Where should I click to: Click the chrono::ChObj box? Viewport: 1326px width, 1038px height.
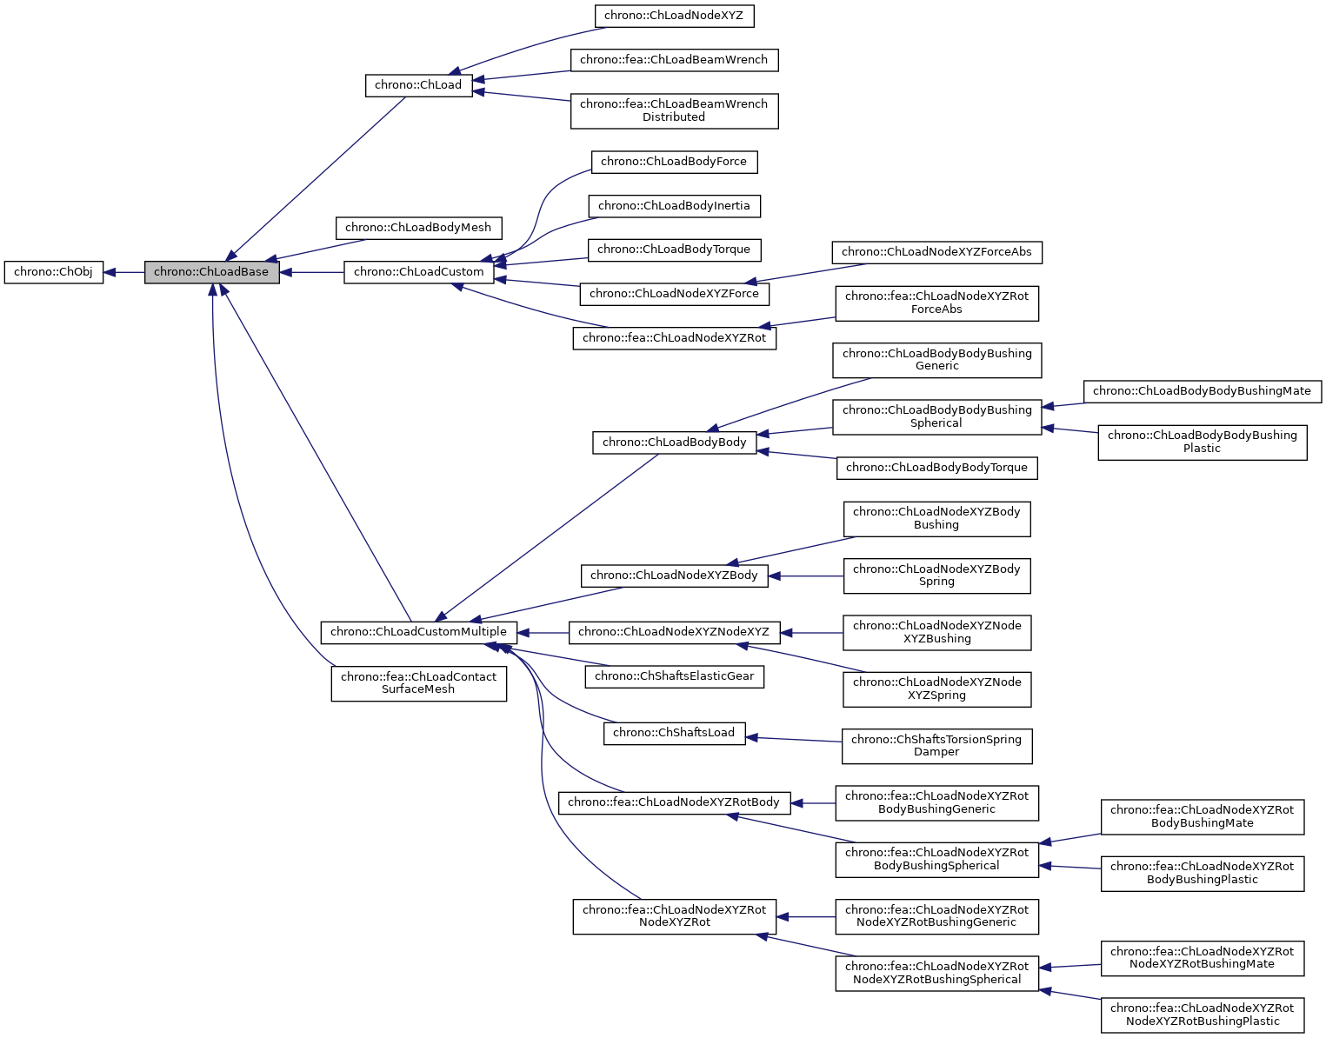click(53, 272)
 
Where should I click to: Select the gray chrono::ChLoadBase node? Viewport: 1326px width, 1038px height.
click(211, 272)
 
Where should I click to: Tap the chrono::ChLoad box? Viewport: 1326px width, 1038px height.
click(418, 85)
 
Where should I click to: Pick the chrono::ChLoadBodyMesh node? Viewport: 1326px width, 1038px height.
click(418, 228)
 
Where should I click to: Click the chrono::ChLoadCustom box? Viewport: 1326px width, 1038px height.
click(418, 272)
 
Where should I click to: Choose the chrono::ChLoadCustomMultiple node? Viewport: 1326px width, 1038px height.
click(418, 632)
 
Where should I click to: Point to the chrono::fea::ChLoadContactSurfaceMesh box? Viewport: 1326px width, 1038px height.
click(418, 683)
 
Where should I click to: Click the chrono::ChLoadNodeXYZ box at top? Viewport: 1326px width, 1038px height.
click(674, 16)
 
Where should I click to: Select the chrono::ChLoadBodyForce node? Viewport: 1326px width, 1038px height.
click(674, 162)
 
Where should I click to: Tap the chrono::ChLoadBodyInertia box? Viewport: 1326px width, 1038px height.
click(674, 206)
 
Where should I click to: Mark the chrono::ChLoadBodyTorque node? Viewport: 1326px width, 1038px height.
click(674, 250)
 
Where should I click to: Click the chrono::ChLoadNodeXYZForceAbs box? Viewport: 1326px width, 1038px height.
click(936, 252)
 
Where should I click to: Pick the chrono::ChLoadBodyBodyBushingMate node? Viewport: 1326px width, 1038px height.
click(1202, 391)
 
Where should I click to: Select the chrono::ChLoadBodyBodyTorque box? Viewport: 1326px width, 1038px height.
click(936, 468)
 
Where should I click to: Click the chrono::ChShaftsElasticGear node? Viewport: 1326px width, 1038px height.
click(674, 676)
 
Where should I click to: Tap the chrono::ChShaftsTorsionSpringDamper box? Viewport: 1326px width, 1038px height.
click(936, 746)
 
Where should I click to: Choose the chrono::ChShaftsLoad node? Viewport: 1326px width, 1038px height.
click(674, 733)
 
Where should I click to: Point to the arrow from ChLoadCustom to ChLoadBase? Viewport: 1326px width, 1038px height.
click(311, 272)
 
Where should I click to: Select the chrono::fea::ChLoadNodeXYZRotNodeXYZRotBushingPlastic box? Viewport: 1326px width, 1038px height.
click(1202, 1015)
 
